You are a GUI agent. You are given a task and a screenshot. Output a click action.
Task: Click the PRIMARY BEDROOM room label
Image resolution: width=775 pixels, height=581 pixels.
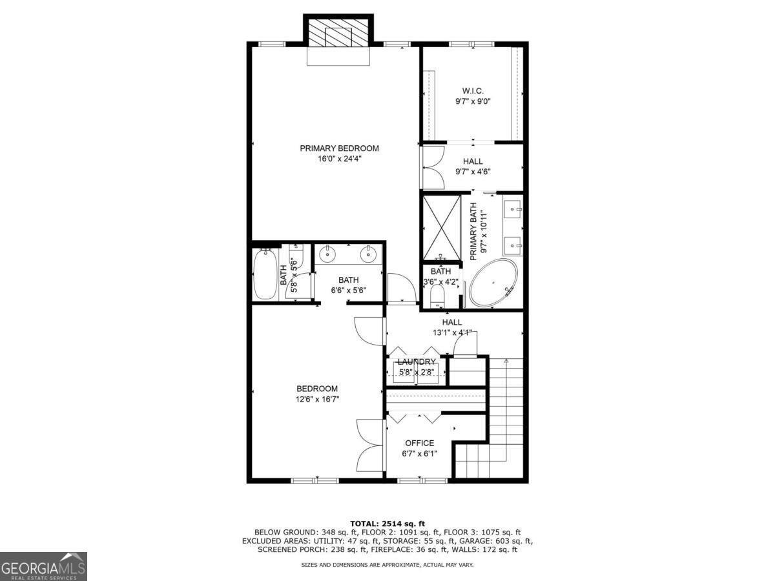pos(339,148)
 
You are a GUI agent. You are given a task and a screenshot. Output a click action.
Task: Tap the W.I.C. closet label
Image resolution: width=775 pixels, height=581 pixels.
pos(473,91)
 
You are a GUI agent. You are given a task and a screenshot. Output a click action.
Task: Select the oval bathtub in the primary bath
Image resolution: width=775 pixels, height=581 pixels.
pos(493,283)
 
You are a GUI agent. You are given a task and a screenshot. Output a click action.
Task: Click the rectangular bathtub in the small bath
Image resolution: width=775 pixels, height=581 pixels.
pos(265,274)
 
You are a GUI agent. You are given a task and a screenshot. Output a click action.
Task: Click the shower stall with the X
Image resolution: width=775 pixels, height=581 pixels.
pos(441,227)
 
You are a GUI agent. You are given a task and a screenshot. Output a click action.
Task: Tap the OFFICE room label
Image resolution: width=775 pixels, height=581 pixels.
pos(419,443)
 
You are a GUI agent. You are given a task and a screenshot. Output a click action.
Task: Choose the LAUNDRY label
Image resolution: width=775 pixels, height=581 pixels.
pos(417,362)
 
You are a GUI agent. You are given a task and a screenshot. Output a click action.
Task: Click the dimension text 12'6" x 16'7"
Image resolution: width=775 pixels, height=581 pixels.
pos(317,399)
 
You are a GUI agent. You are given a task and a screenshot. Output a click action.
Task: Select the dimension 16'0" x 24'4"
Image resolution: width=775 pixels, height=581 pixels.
pos(339,159)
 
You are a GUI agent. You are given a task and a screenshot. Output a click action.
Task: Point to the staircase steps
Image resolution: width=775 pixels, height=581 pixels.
pos(505,400)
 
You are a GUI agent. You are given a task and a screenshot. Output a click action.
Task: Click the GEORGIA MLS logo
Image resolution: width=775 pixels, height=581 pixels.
pos(43,566)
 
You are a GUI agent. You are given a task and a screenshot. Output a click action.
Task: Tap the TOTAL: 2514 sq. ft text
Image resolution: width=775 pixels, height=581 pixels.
pos(387,523)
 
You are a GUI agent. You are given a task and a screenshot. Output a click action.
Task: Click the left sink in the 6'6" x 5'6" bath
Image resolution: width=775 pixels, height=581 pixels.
pos(329,254)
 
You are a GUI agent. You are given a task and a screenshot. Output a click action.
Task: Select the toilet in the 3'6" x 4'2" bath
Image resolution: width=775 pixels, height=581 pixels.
pos(437,296)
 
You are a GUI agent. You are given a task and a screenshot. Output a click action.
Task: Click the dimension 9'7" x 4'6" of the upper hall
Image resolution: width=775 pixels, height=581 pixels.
pos(473,172)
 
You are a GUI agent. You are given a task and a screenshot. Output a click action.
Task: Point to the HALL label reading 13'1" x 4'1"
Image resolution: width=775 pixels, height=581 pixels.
pos(452,322)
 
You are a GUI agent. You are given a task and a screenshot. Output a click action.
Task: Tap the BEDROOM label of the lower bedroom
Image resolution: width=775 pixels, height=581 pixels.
pos(317,389)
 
